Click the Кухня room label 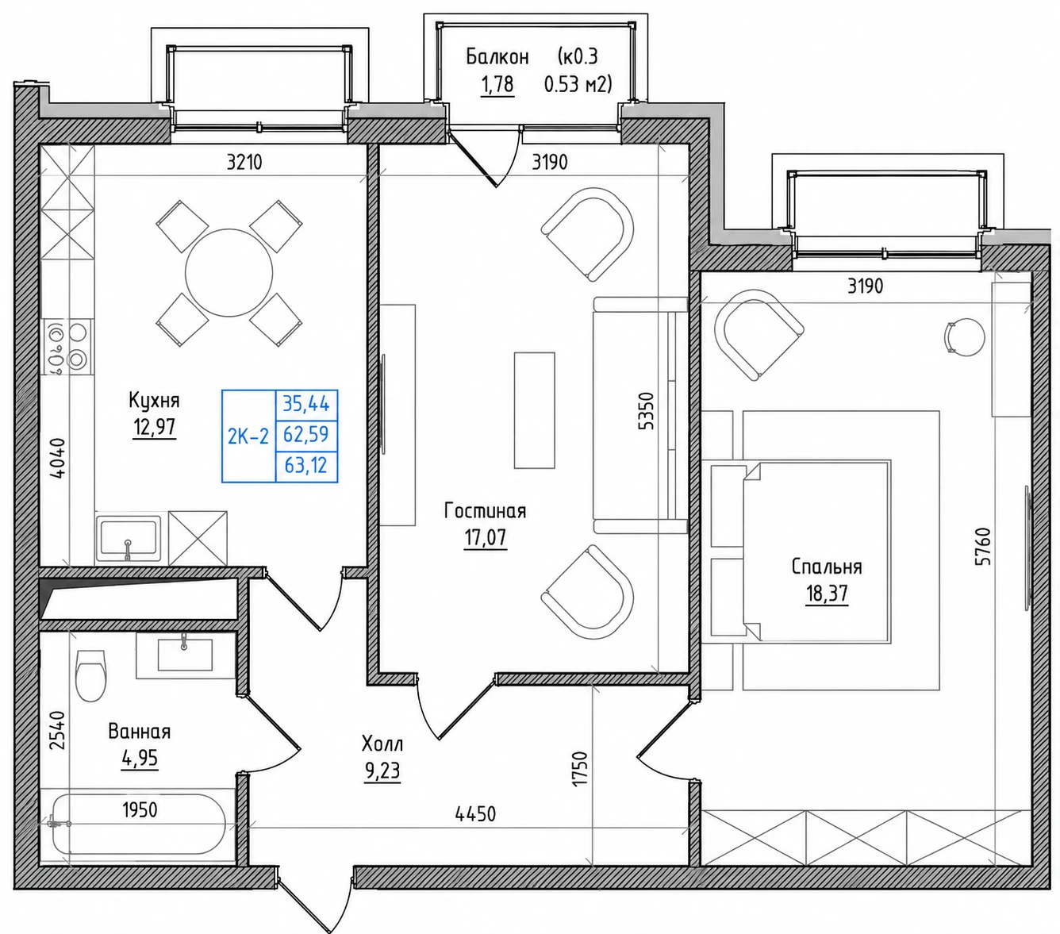[x=154, y=400]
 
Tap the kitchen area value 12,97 [x=155, y=428]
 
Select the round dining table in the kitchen [x=229, y=273]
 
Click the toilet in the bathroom [x=90, y=675]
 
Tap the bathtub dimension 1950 [x=140, y=810]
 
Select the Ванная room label [x=139, y=732]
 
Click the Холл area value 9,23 [x=382, y=771]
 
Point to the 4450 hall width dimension [x=475, y=813]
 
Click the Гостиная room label [x=485, y=511]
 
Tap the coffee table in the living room [x=534, y=410]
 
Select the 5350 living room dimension [x=646, y=411]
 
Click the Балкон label [x=497, y=56]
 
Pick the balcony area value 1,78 [x=497, y=84]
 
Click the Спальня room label [x=827, y=567]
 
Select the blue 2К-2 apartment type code [x=248, y=436]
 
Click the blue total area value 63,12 [x=306, y=465]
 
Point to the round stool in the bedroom [x=965, y=337]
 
